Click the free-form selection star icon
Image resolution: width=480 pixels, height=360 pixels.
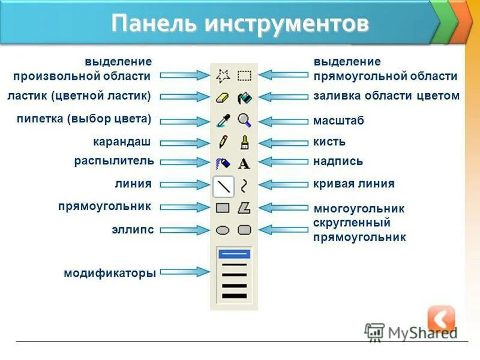click(223, 76)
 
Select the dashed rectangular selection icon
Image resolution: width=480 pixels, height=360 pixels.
click(244, 76)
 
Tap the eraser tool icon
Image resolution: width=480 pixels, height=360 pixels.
click(223, 97)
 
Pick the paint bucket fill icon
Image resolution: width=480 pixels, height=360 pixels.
click(244, 97)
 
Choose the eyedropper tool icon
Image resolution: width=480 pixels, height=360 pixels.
click(223, 120)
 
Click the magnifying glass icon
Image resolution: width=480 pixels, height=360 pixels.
click(244, 120)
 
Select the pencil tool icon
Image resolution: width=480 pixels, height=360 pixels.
click(223, 142)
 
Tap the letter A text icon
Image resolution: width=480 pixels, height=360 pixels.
click(244, 163)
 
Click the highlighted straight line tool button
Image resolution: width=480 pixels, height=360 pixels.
click(223, 186)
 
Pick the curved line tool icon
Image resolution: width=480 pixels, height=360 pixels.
click(244, 185)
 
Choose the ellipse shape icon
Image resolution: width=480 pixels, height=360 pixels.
click(223, 230)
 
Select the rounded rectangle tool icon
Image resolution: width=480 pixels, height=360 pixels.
click(244, 230)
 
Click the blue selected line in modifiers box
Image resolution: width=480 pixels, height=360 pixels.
click(234, 254)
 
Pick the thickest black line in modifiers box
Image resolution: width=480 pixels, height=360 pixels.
click(234, 295)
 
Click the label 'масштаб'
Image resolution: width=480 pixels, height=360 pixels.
click(338, 121)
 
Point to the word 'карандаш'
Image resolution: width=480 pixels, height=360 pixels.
click(121, 142)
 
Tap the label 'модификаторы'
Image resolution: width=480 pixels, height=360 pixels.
click(110, 273)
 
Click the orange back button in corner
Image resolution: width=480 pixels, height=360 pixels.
click(441, 319)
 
